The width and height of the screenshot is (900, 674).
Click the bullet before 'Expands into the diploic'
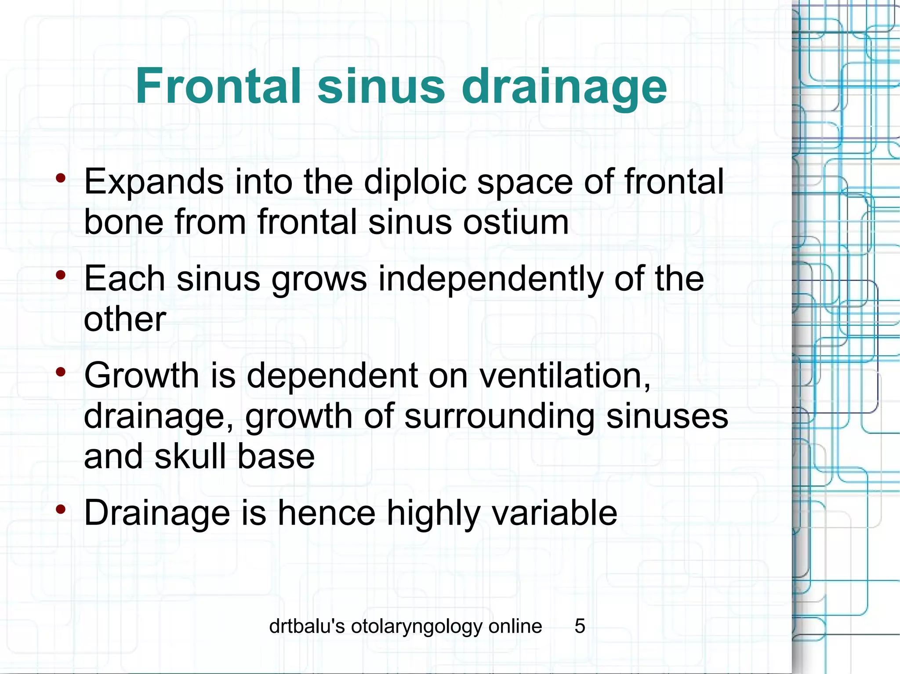click(x=61, y=178)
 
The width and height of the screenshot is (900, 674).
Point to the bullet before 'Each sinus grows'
click(x=61, y=276)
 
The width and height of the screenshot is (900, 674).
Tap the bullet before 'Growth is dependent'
click(x=61, y=372)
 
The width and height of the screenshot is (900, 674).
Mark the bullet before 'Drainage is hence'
click(x=61, y=509)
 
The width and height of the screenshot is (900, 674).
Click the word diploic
click(x=415, y=181)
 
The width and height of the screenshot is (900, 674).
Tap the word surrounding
click(x=499, y=416)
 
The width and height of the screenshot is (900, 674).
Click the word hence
click(x=327, y=512)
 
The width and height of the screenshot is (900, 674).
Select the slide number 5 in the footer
click(x=580, y=626)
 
